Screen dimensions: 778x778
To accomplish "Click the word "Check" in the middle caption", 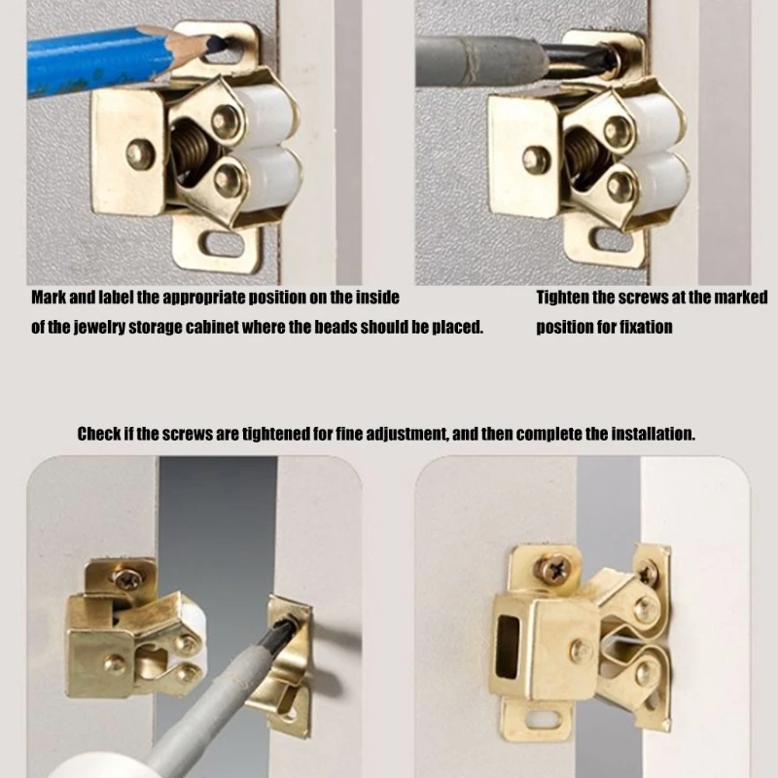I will (x=98, y=434).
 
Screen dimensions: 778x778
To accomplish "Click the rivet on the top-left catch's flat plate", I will (x=141, y=153).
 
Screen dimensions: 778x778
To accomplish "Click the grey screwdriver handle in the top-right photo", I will (x=477, y=62).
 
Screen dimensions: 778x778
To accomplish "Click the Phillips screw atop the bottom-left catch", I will (x=126, y=581).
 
